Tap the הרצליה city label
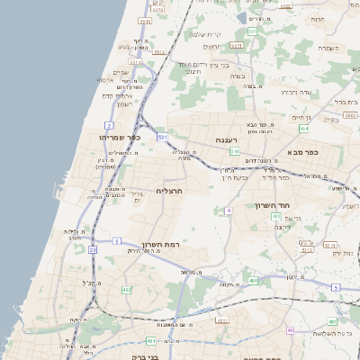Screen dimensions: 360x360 [x=169, y=191]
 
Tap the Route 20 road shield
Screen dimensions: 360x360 [x=93, y=248]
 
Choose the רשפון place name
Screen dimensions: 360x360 [x=124, y=104]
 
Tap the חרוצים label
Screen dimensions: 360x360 [x=212, y=47]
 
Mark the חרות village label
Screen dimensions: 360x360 [x=317, y=19]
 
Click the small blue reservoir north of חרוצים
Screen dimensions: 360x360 [x=238, y=18]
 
